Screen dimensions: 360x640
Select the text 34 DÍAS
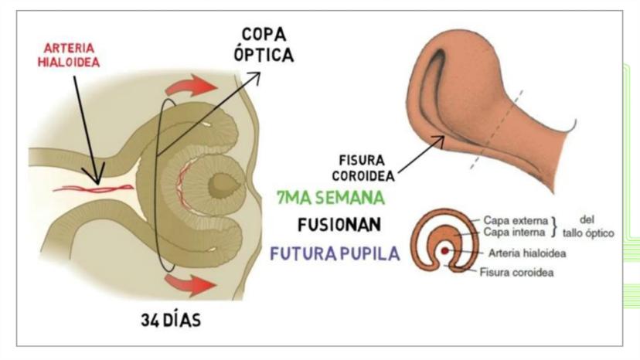click(171, 319)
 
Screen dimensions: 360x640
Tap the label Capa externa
click(516, 219)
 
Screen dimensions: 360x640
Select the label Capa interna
click(516, 231)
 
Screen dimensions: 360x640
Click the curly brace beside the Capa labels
click(555, 226)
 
